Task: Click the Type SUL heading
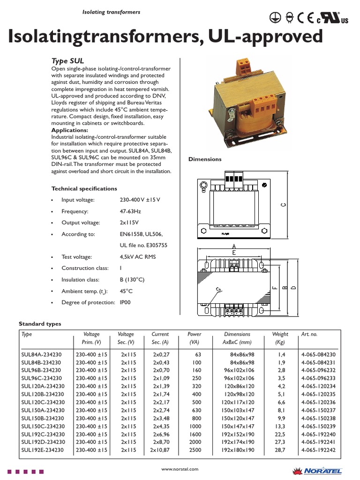(x=67, y=61)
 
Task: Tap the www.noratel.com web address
(x=180, y=469)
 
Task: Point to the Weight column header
(x=280, y=334)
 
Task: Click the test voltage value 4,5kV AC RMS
(x=138, y=257)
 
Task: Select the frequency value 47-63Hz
(x=130, y=211)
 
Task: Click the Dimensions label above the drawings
(x=205, y=159)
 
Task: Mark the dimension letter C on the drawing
(x=283, y=204)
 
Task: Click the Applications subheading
(x=69, y=130)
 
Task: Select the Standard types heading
(x=40, y=324)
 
